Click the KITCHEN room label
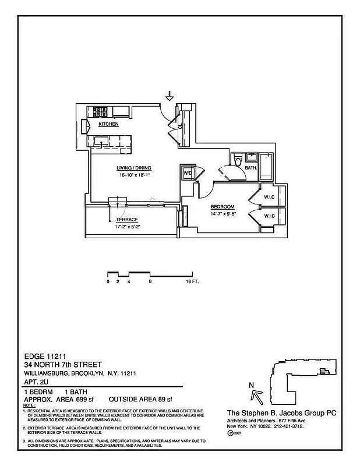point(108,125)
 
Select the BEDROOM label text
point(223,207)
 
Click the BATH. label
point(251,168)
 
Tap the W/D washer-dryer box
point(188,174)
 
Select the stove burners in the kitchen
point(100,111)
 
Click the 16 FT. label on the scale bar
point(192,282)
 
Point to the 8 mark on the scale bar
point(150,282)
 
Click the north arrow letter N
point(251,385)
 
